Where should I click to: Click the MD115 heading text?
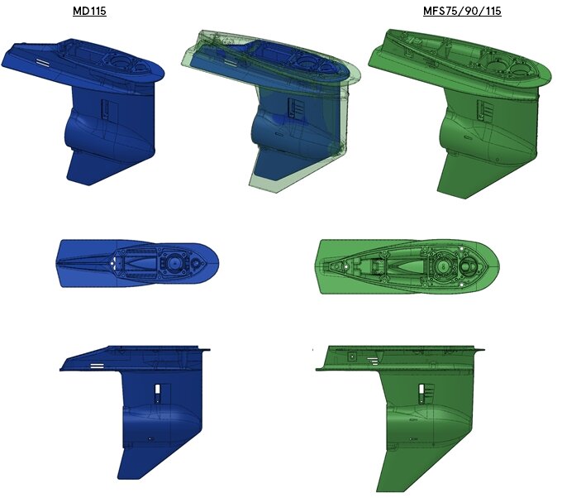point(89,11)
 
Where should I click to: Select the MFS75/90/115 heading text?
point(462,11)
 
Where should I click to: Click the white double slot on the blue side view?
point(98,366)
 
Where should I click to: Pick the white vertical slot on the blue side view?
point(158,393)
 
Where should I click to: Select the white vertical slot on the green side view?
point(421,392)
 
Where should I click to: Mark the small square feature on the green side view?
point(352,357)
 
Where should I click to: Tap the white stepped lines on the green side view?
point(373,361)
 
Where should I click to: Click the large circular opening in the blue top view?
point(174,263)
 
